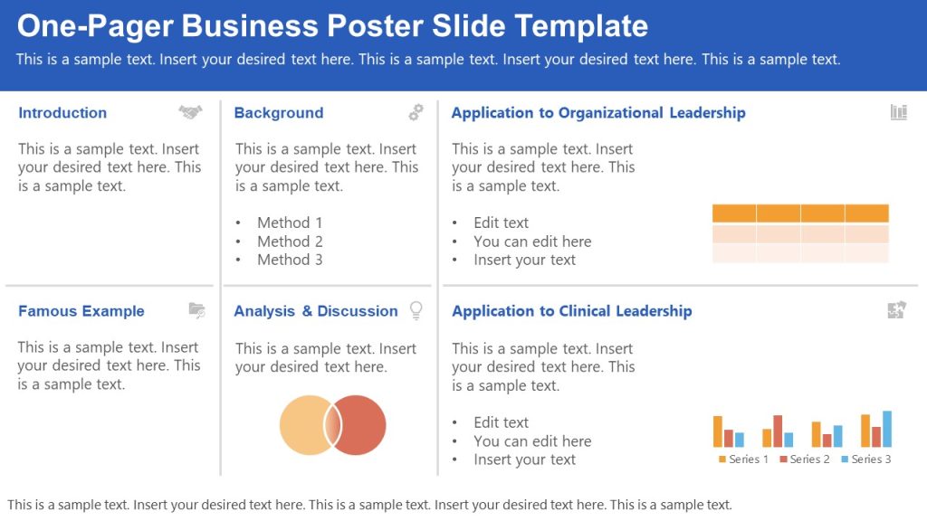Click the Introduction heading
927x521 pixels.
click(x=62, y=113)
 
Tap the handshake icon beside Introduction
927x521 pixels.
click(x=190, y=112)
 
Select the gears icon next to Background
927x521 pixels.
click(x=416, y=112)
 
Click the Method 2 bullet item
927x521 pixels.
click(x=290, y=242)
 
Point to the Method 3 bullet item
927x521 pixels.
click(x=290, y=260)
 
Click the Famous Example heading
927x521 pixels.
click(x=81, y=311)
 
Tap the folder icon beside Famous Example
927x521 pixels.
click(x=196, y=310)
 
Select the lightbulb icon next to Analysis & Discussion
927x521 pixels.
click(x=416, y=310)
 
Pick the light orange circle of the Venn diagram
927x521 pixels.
click(x=303, y=424)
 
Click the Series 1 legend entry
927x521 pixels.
click(x=743, y=459)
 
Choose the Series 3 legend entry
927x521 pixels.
click(x=866, y=459)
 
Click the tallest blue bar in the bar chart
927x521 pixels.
click(x=887, y=429)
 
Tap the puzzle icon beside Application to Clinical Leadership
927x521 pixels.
click(x=896, y=310)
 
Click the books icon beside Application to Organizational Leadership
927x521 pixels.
click(x=898, y=112)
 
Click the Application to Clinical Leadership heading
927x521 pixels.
click(x=571, y=311)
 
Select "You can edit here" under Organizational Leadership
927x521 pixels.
click(x=532, y=242)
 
